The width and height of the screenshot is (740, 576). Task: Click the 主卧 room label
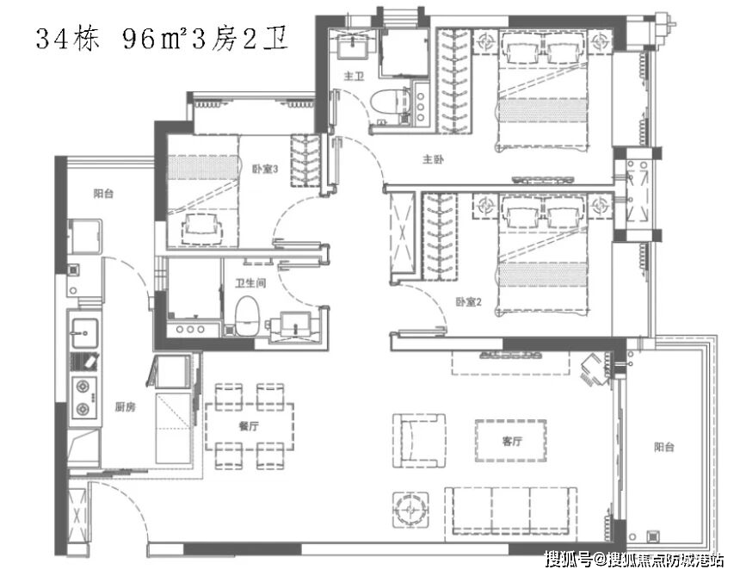(x=433, y=159)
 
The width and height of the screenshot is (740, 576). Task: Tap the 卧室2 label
(x=468, y=301)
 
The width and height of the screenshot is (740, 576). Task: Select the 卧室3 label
(x=265, y=169)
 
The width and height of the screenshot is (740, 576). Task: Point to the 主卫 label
(x=354, y=76)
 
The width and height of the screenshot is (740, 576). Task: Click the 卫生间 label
(x=250, y=282)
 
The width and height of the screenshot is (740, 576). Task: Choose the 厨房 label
(x=125, y=406)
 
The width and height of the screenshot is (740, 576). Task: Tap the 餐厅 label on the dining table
(x=250, y=426)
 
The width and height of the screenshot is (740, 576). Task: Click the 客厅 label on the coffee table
(x=512, y=441)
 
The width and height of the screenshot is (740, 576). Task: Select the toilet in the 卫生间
(x=248, y=316)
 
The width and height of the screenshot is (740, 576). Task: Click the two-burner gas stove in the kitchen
(x=84, y=398)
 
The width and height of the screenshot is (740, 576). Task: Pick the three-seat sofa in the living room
(x=510, y=511)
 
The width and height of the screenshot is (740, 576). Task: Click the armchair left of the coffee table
(x=419, y=441)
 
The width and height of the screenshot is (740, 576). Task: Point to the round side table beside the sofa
(x=410, y=510)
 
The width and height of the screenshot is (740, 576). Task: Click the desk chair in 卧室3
(x=202, y=228)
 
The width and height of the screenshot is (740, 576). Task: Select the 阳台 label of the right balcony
(x=664, y=447)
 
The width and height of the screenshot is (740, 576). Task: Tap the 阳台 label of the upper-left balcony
(x=103, y=193)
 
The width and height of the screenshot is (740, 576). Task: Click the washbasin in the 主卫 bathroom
(x=355, y=46)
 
